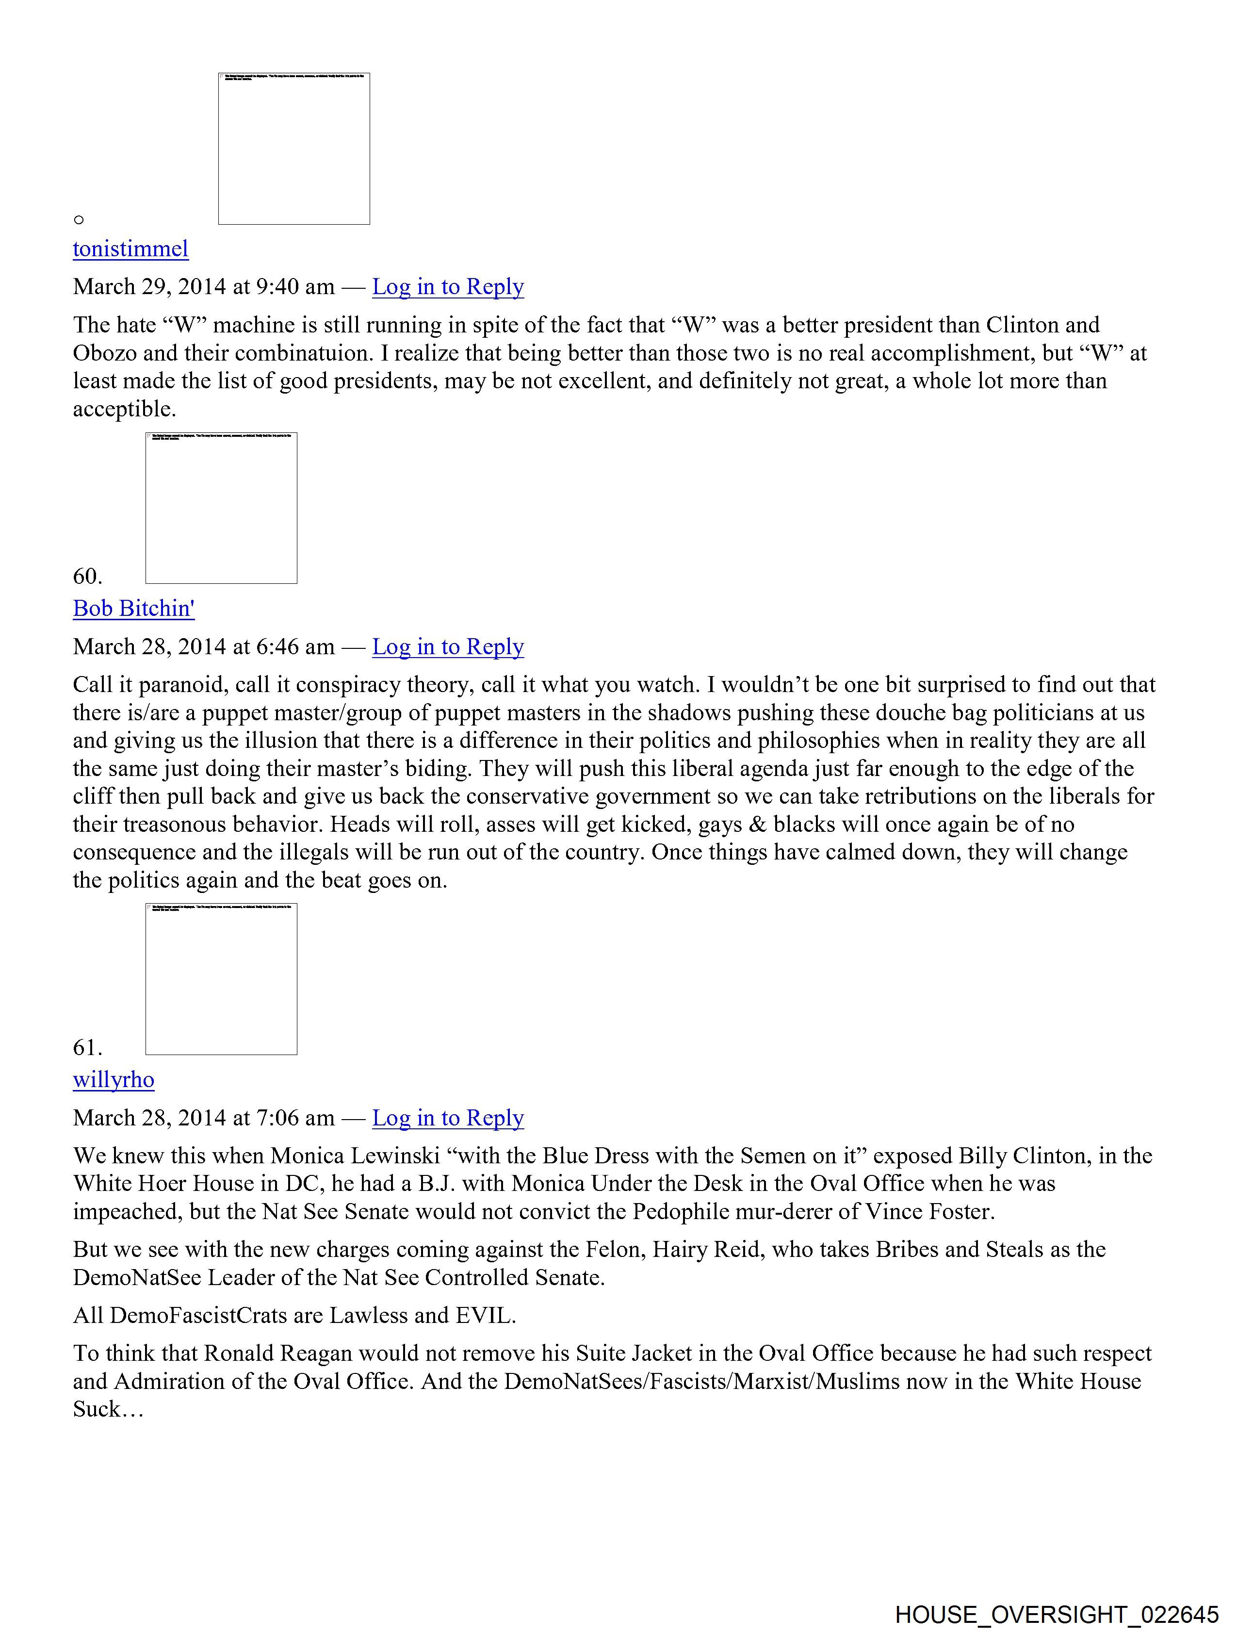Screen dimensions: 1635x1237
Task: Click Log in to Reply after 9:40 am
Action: coord(447,287)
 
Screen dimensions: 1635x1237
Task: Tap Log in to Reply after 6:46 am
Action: coord(447,647)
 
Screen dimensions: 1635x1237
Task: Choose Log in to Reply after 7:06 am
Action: coord(447,1118)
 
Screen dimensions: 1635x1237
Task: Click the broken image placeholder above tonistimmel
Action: coord(293,149)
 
